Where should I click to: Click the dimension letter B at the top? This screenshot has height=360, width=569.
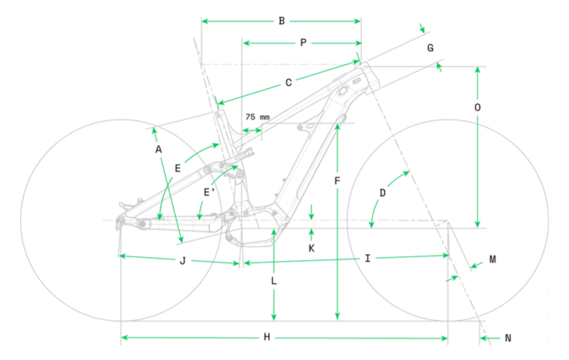tap(281, 21)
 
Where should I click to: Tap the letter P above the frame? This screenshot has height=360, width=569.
tap(304, 43)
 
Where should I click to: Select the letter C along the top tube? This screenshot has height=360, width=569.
tap(288, 83)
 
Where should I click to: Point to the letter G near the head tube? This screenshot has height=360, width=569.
tap(431, 48)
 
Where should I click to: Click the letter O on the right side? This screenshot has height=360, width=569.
tap(477, 107)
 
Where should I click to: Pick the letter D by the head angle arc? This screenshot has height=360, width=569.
tap(382, 193)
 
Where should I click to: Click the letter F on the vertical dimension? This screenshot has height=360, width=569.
tap(337, 181)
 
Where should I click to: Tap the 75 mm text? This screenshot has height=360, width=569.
tap(257, 117)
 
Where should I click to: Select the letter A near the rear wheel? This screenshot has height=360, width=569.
tap(159, 149)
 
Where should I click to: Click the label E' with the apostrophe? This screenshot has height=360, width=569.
tap(208, 192)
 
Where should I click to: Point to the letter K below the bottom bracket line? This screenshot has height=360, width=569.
tap(312, 248)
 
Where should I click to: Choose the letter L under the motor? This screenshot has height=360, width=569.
tap(274, 281)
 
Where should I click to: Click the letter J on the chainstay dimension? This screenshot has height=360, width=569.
tap(182, 260)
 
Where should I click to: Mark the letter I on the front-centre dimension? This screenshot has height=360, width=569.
tap(368, 258)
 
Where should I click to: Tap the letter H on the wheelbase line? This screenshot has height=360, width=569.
tap(267, 337)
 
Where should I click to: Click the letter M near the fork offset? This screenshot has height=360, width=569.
tap(493, 259)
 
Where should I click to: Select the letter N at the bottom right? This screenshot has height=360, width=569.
tap(508, 338)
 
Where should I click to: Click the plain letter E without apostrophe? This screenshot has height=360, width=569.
tap(177, 168)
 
